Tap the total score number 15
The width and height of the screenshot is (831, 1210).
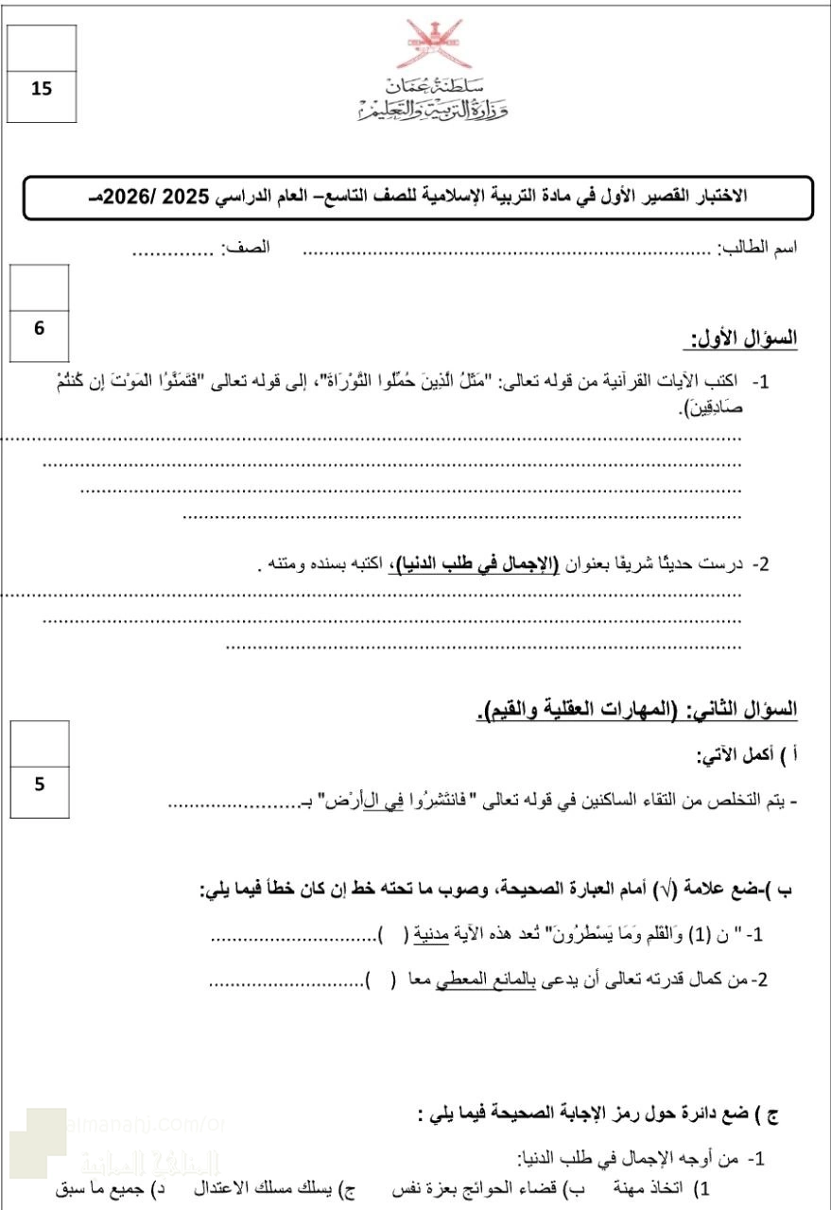(x=41, y=90)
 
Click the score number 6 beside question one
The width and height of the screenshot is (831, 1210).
(x=39, y=328)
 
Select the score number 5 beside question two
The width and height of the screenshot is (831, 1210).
(x=39, y=784)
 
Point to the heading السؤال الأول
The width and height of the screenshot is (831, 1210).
(x=743, y=338)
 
